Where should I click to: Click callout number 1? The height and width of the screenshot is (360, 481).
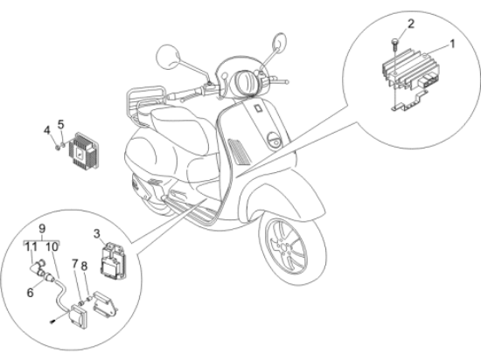(x=451, y=44)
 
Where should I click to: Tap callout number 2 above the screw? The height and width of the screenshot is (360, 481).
(x=411, y=24)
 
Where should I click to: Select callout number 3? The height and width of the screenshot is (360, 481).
(x=96, y=234)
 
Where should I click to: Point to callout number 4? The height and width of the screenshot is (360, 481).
(x=46, y=130)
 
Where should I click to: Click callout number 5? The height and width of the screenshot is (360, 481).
(x=61, y=125)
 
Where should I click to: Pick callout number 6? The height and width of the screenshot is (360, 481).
(x=30, y=293)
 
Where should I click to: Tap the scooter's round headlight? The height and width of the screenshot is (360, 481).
(x=246, y=82)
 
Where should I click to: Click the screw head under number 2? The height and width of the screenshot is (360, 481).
(x=394, y=40)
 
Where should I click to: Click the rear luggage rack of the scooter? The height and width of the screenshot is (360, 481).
(x=145, y=102)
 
